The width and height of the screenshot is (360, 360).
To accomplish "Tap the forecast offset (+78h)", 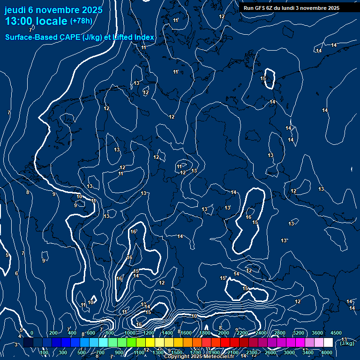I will (x=81, y=21).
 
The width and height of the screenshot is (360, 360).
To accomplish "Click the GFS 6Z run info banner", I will (x=292, y=7).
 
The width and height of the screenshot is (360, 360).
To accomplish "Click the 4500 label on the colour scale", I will (x=336, y=333).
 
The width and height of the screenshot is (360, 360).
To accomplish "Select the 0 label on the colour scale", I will (x=31, y=333).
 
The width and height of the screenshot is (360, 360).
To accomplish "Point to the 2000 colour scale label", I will (x=223, y=333).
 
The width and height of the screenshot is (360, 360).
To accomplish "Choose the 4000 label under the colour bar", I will (x=327, y=352).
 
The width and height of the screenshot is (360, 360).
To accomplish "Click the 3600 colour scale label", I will (x=317, y=333).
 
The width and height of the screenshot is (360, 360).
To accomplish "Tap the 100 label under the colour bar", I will (x=44, y=352).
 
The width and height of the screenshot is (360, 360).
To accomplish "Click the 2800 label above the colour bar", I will (x=279, y=333).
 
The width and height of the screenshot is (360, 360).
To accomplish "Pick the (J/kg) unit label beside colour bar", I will (x=347, y=343).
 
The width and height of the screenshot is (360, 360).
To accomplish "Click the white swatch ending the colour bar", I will (x=328, y=343).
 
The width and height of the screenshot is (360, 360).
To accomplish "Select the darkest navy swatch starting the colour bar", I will (x=28, y=343).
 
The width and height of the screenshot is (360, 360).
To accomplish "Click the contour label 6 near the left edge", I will (x=16, y=273).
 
